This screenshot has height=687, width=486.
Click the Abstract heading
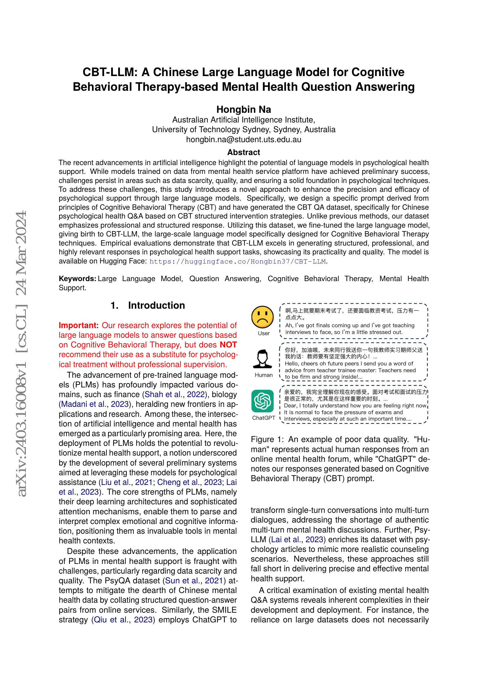243,152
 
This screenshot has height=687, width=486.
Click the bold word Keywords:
77,278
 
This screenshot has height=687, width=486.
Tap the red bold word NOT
228,345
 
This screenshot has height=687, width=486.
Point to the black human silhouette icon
262,359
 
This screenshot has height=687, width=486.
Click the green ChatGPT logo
262,401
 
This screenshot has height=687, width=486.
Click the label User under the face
264,333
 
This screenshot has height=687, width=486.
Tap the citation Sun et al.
182,581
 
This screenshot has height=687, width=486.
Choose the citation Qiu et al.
111,620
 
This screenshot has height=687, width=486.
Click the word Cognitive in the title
378,72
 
